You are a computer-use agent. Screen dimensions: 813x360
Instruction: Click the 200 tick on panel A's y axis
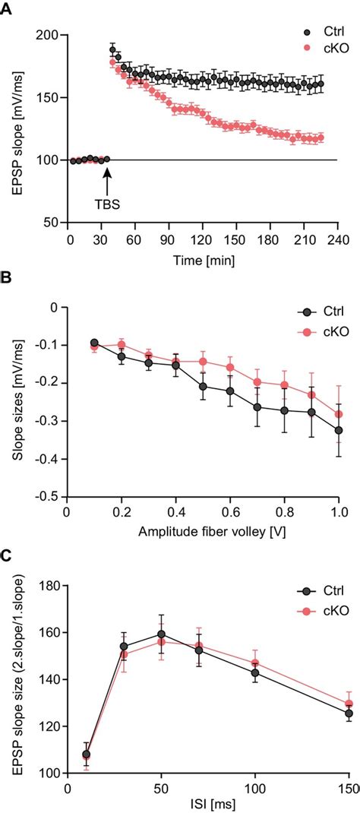pyautogui.click(x=49, y=34)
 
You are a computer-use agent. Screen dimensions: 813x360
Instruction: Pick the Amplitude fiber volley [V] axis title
pyautogui.click(x=203, y=533)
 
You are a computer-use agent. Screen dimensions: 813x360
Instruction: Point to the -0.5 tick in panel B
pyautogui.click(x=48, y=497)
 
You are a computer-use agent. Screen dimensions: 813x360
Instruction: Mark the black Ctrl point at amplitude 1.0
pyautogui.click(x=339, y=430)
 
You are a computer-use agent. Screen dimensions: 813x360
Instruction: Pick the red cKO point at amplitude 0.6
pyautogui.click(x=230, y=368)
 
